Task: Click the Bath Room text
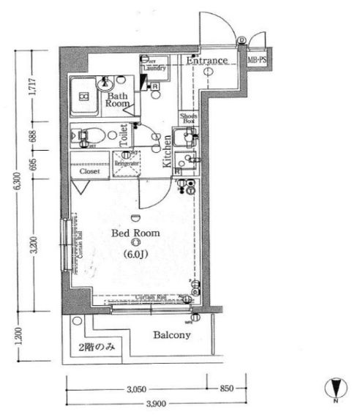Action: pyautogui.click(x=119, y=100)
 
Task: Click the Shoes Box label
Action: pyautogui.click(x=188, y=119)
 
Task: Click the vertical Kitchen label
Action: pyautogui.click(x=167, y=153)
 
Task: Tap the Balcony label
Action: pyautogui.click(x=173, y=336)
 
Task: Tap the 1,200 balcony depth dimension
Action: pyautogui.click(x=18, y=338)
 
